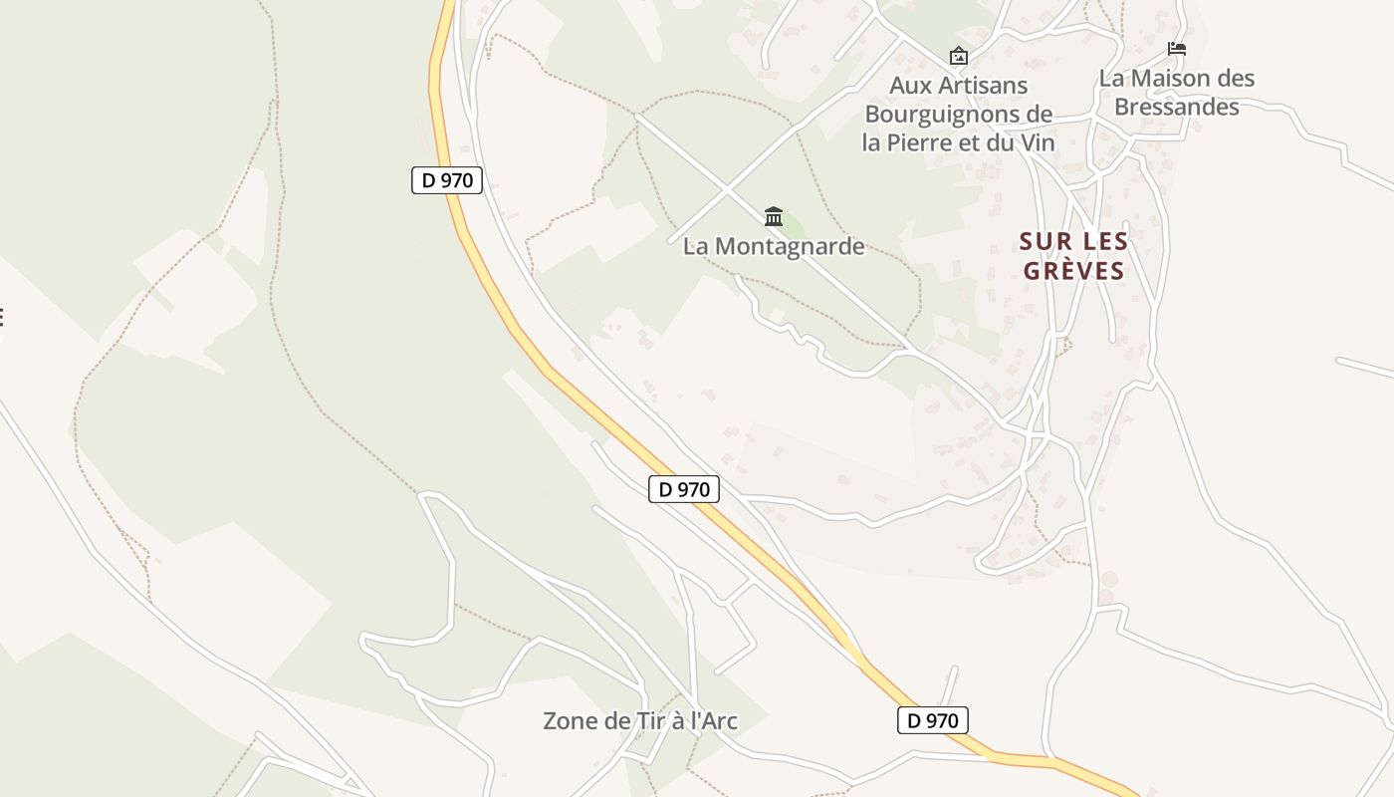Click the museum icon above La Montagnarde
[774, 216]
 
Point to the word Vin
[1036, 142]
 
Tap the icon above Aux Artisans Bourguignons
[959, 56]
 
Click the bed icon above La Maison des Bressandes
[1177, 49]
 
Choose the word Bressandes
[1177, 107]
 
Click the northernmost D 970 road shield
[447, 180]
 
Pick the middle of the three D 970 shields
[684, 489]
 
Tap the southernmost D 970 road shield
[932, 720]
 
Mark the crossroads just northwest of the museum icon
[728, 188]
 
